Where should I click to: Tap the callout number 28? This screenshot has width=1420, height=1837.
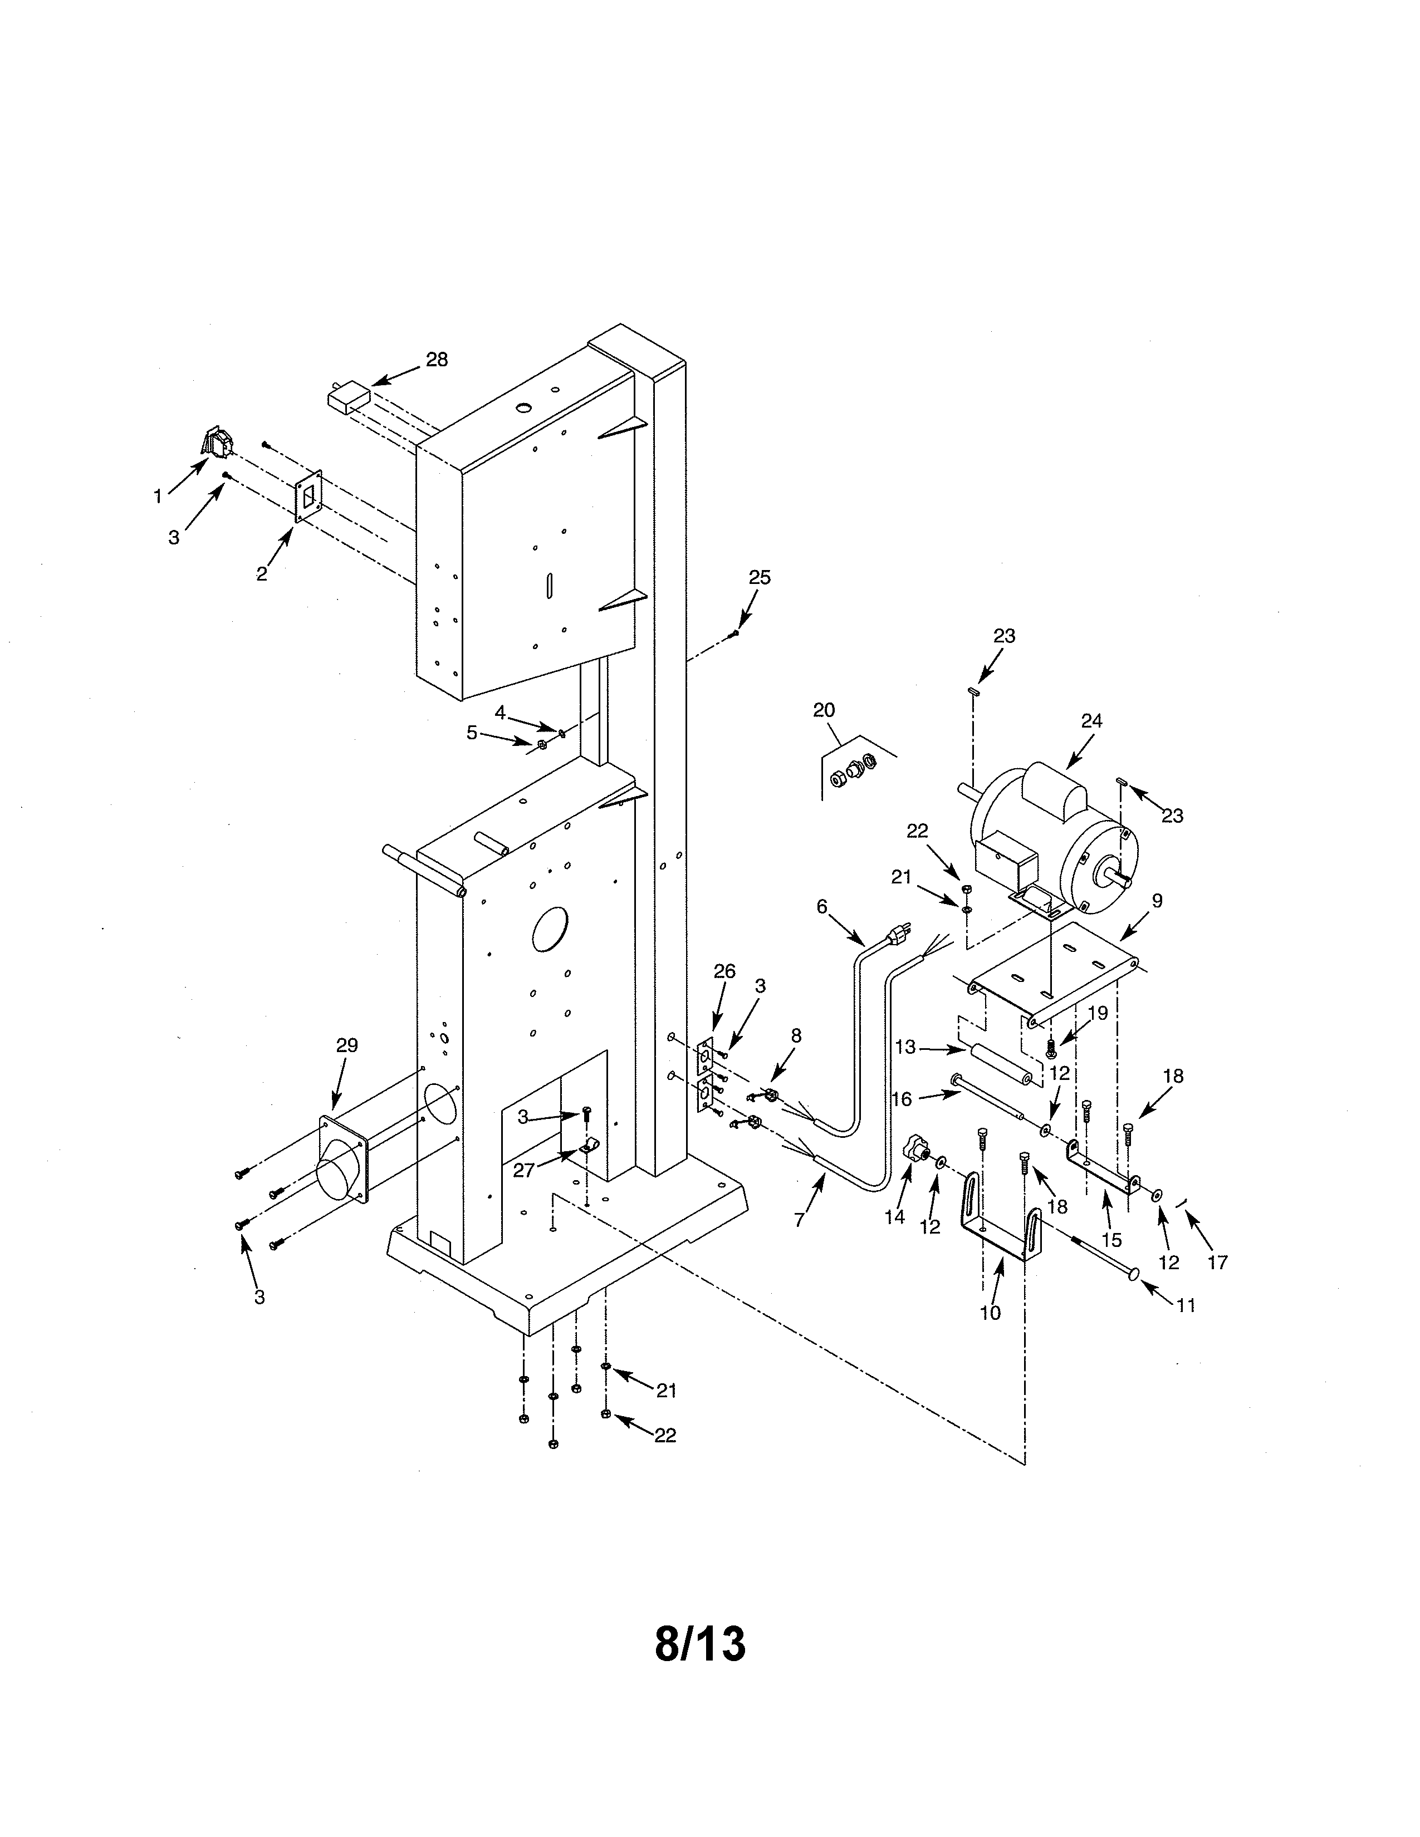437,360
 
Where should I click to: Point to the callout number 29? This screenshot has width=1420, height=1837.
346,1045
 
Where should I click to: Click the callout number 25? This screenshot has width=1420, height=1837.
760,578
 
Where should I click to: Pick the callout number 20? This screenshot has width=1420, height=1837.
824,710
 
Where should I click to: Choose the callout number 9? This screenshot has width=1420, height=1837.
1157,901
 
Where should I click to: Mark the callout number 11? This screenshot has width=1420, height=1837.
1186,1305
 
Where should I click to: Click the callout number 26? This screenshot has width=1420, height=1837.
724,971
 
